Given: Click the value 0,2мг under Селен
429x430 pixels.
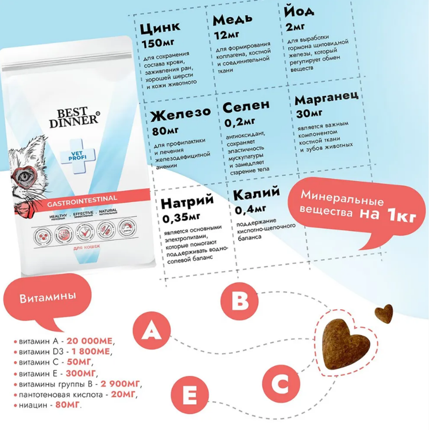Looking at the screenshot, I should point(239,122).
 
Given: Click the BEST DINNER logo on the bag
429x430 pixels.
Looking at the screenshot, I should point(73,117).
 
